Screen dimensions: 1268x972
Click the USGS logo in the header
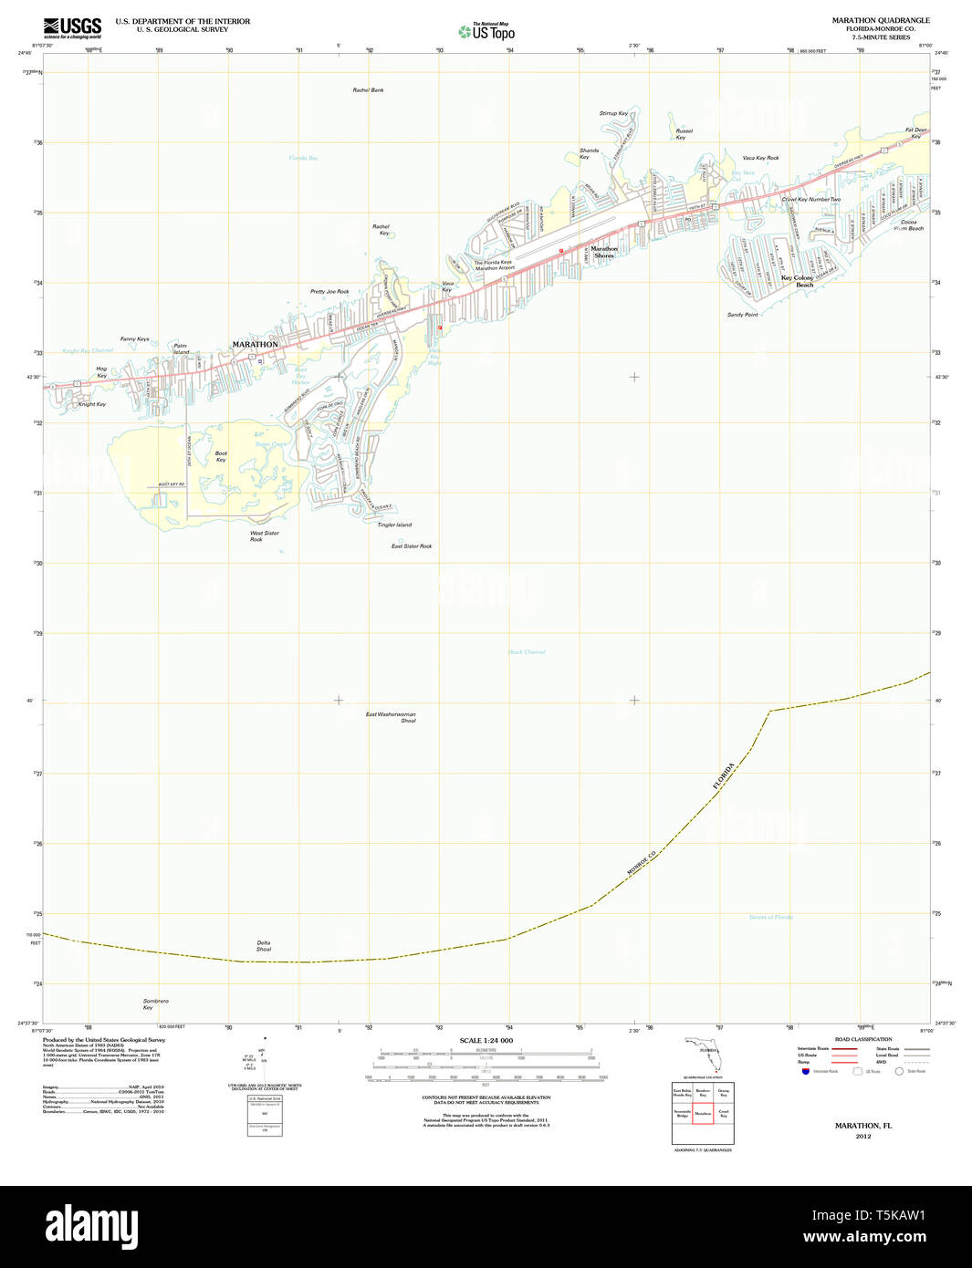pyautogui.click(x=72, y=27)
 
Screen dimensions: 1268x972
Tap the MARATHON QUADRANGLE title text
pyautogui.click(x=880, y=20)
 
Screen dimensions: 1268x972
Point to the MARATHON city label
pyautogui.click(x=255, y=344)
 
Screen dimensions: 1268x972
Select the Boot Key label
pyautogui.click(x=221, y=456)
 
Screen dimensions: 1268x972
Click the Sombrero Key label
pyautogui.click(x=155, y=1003)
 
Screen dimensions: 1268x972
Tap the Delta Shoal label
pyautogui.click(x=264, y=946)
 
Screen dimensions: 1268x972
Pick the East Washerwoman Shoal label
pyautogui.click(x=391, y=717)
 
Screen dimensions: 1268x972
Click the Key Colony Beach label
pyautogui.click(x=797, y=281)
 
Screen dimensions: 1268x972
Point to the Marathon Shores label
pyautogui.click(x=603, y=252)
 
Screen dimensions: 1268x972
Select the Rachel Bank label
pyautogui.click(x=368, y=90)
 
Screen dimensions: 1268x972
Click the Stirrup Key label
pyautogui.click(x=613, y=113)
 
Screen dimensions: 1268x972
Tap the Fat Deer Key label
pyautogui.click(x=915, y=132)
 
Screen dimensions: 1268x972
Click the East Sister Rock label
pyautogui.click(x=412, y=546)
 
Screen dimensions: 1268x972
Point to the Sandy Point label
pyautogui.click(x=742, y=315)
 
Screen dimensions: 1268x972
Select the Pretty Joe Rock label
pyautogui.click(x=329, y=292)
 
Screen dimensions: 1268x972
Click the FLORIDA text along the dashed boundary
pyautogui.click(x=724, y=775)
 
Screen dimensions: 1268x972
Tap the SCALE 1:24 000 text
pyautogui.click(x=486, y=1041)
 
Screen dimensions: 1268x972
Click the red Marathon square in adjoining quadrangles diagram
pyautogui.click(x=702, y=1113)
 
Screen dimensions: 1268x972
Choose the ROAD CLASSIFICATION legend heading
pyautogui.click(x=862, y=1039)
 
